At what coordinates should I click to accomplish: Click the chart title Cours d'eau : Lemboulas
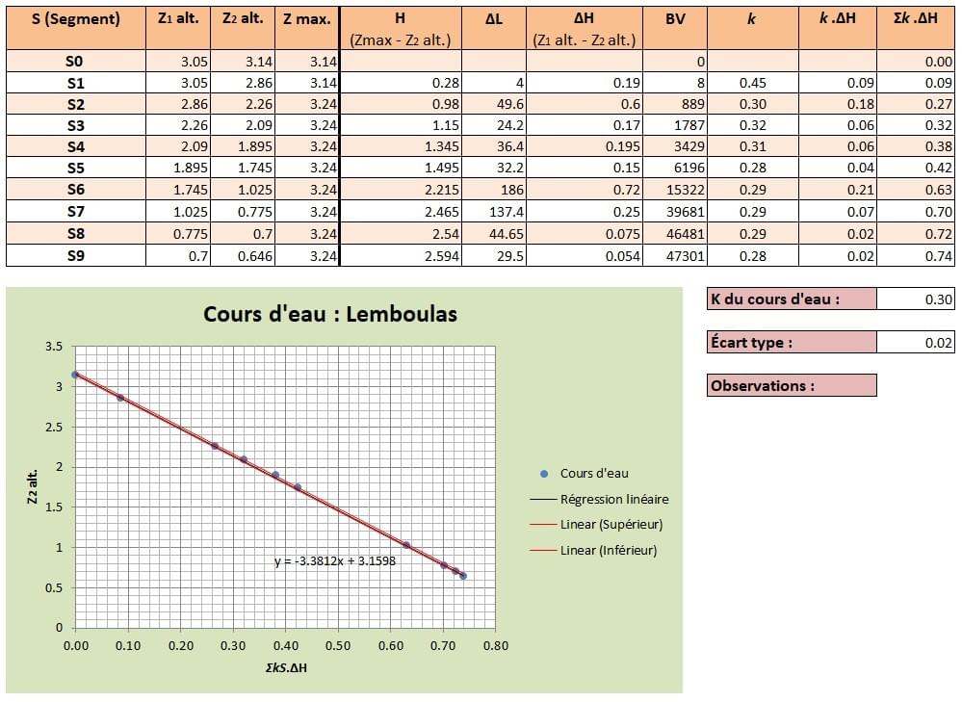tap(330, 314)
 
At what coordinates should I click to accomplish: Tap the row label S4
tap(76, 147)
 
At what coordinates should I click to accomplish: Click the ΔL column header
tap(493, 18)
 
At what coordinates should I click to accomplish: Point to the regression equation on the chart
tap(335, 561)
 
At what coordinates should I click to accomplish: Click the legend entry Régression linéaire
tap(613, 499)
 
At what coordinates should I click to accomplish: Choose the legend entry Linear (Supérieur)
tap(611, 525)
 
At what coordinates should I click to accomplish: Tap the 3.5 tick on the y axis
tap(54, 347)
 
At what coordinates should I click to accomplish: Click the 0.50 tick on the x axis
tap(338, 646)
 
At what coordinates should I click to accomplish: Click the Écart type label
tap(751, 342)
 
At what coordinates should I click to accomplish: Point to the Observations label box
tap(792, 385)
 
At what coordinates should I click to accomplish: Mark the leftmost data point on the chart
tap(75, 375)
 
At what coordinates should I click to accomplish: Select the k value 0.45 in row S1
tap(753, 83)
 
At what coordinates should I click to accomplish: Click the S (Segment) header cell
tap(76, 18)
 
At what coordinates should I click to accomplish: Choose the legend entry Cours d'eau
tap(593, 473)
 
